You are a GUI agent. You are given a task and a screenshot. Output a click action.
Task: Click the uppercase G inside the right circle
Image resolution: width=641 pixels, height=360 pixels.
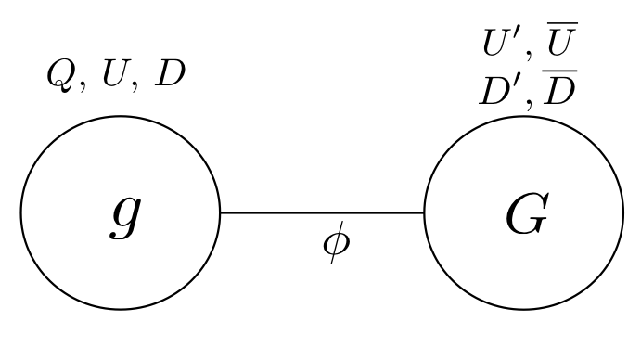pos(526,215)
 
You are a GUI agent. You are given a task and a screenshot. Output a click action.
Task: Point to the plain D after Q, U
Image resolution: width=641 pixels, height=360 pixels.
pos(170,73)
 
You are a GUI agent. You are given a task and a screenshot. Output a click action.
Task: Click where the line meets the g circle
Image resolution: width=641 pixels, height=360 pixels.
pos(219,212)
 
